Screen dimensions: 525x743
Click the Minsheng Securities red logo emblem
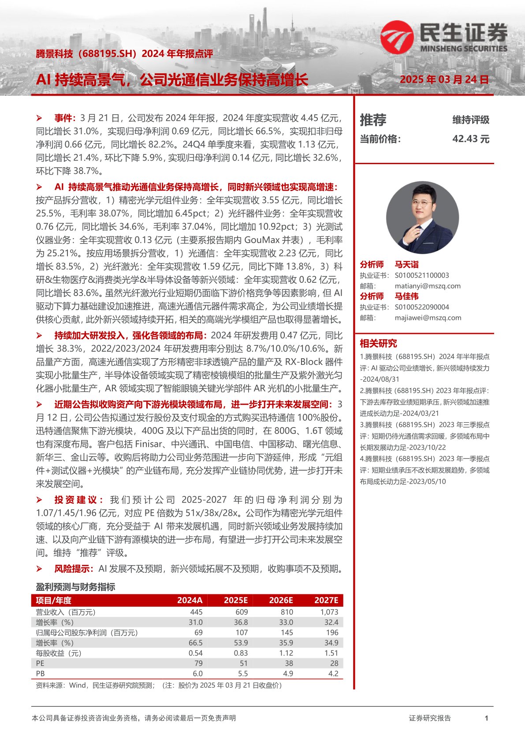point(396,37)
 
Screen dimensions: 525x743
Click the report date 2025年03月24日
point(444,80)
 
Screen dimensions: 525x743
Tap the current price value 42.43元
point(470,139)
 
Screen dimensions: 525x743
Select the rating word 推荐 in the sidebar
point(373,120)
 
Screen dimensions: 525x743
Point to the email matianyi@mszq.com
point(428,286)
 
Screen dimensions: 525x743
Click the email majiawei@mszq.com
point(428,318)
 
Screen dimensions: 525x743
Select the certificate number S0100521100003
point(421,275)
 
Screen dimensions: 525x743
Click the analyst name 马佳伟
point(406,296)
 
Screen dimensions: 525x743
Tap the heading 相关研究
point(378,343)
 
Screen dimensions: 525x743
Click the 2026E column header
point(281,600)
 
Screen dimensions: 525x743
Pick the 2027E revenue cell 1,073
point(329,612)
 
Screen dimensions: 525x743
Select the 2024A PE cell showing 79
point(198,663)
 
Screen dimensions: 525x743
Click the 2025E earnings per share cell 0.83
point(241,653)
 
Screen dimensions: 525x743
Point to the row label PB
point(40,674)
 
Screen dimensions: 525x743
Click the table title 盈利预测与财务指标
point(75,587)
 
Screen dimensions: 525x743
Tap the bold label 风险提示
point(74,569)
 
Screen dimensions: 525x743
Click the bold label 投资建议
point(78,500)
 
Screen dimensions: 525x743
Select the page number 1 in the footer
point(486,718)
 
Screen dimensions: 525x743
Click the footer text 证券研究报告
point(430,718)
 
